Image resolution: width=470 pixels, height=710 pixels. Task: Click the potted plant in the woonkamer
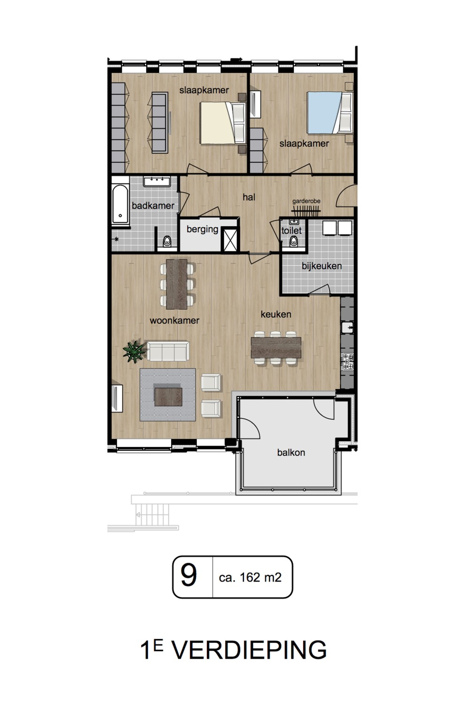pyautogui.click(x=134, y=351)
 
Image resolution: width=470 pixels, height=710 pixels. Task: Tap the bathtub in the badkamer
pyautogui.click(x=120, y=205)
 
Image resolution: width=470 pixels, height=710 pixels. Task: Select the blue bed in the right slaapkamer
pyautogui.click(x=330, y=112)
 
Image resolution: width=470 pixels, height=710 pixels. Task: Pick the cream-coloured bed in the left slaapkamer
pyautogui.click(x=223, y=123)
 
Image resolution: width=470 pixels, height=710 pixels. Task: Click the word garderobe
pyautogui.click(x=306, y=201)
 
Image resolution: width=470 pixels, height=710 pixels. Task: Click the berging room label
pyautogui.click(x=203, y=229)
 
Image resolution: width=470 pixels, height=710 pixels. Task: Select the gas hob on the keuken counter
pyautogui.click(x=347, y=362)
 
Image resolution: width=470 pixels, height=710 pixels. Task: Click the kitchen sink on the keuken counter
pyautogui.click(x=347, y=327)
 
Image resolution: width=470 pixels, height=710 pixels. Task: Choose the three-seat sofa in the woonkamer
pyautogui.click(x=168, y=351)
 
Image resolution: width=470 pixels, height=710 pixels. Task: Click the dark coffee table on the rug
pyautogui.click(x=168, y=397)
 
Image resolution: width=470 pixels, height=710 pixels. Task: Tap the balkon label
pyautogui.click(x=291, y=452)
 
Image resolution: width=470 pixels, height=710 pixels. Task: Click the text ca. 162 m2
pyautogui.click(x=250, y=577)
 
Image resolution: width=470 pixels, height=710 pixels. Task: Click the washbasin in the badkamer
pyautogui.click(x=157, y=182)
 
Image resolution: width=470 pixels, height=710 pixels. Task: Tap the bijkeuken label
pyautogui.click(x=321, y=266)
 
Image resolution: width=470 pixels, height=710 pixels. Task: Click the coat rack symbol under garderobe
pyautogui.click(x=306, y=210)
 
